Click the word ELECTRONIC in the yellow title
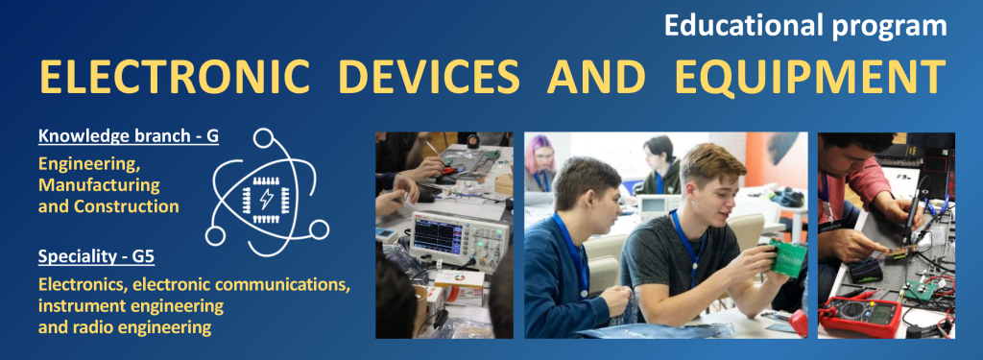tap(175, 77)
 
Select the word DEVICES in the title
tap(429, 77)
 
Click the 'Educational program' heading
tap(805, 26)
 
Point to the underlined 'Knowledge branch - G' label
tap(129, 136)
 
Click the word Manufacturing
tap(99, 185)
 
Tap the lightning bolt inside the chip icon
tap(267, 199)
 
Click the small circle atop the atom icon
tap(263, 138)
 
